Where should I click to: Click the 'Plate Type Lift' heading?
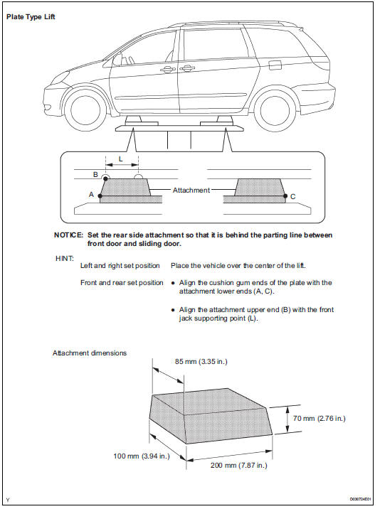click(x=31, y=16)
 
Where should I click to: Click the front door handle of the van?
click(x=167, y=70)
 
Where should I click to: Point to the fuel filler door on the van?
click(x=275, y=65)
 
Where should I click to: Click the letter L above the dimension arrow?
click(x=121, y=159)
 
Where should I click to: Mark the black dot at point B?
click(x=105, y=179)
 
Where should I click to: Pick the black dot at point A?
click(x=100, y=196)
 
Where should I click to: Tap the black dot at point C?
click(x=285, y=196)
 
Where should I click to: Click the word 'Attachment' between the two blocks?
click(x=191, y=191)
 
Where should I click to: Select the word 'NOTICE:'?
click(x=68, y=235)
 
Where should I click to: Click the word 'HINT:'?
click(x=65, y=258)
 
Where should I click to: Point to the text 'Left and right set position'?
click(x=120, y=266)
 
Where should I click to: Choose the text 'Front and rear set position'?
click(x=122, y=283)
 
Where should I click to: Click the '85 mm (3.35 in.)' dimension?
click(x=201, y=362)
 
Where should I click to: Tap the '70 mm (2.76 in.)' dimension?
click(x=320, y=419)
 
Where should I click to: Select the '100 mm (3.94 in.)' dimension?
click(x=142, y=456)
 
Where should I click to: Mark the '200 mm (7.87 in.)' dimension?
click(x=239, y=465)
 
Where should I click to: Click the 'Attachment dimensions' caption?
click(x=90, y=353)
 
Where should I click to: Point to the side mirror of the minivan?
click(x=117, y=60)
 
